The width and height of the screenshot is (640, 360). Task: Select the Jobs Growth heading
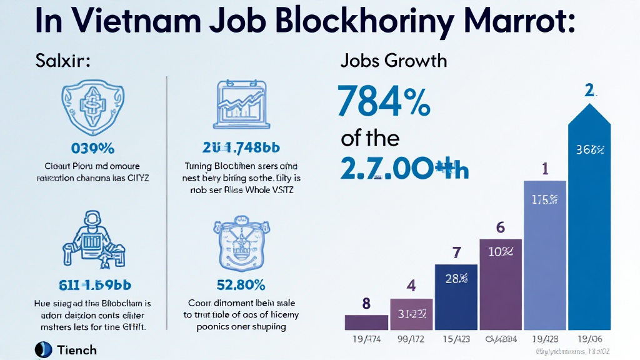coord(394,61)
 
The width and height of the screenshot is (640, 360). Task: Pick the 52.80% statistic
coord(240,285)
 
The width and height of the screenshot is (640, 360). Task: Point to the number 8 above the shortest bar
coord(366,304)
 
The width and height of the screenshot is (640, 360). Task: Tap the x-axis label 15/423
coord(456,339)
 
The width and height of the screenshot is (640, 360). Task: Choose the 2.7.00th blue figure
coord(405,169)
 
